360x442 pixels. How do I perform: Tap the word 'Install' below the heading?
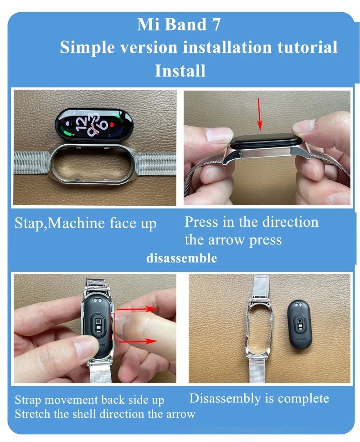tap(180, 71)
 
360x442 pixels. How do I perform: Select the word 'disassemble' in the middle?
tap(181, 259)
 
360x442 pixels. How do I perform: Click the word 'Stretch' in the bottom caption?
tap(31, 414)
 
